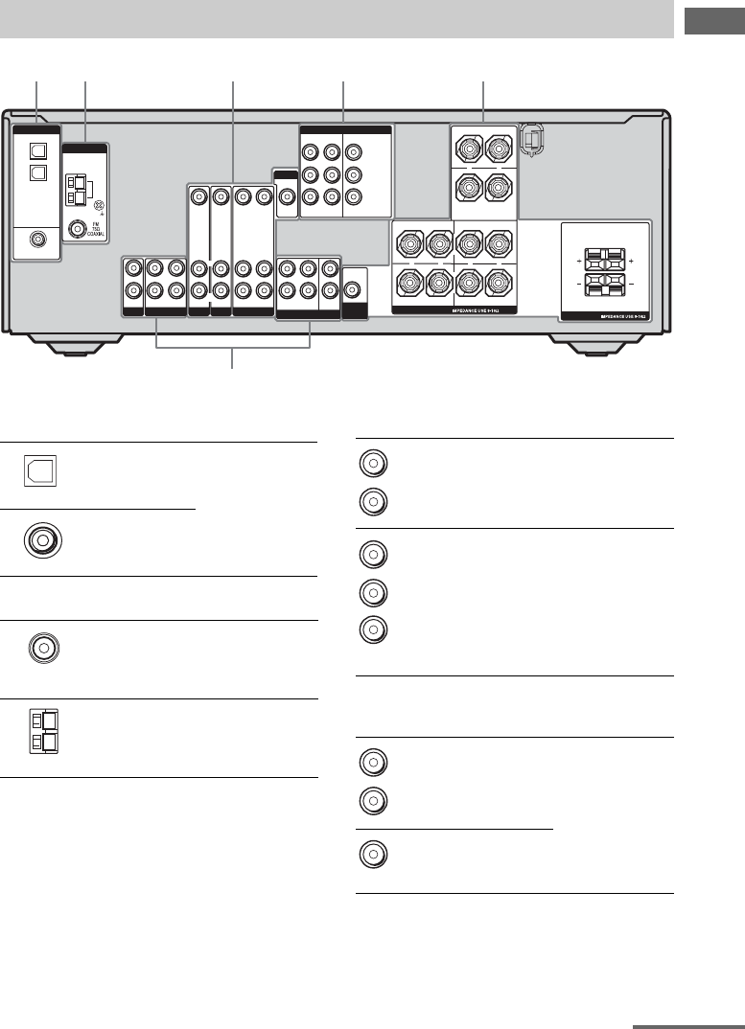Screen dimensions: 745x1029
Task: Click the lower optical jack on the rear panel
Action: [37, 172]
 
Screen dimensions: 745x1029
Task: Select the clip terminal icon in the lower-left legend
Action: [41, 736]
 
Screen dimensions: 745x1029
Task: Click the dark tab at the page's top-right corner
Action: [713, 19]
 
